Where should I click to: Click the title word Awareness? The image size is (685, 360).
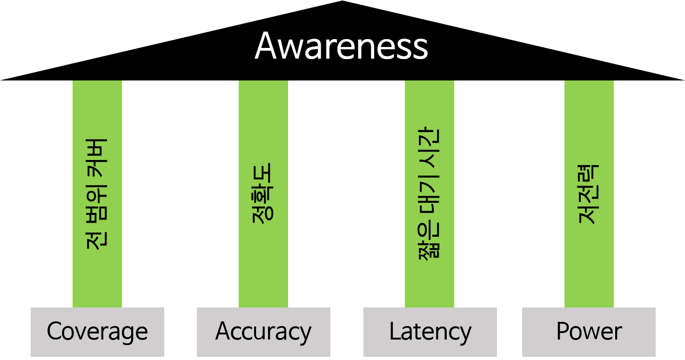341,46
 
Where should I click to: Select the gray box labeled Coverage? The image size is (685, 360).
97,332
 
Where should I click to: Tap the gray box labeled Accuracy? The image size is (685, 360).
263,332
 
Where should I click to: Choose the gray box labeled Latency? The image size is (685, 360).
430,332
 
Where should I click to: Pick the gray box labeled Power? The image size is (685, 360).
589,332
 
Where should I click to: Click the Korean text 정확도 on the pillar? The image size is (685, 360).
263,193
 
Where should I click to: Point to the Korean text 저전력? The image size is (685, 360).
589,194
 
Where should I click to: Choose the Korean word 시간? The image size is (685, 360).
429,144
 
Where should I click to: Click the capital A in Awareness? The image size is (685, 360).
267,46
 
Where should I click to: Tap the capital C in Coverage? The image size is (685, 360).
54,332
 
